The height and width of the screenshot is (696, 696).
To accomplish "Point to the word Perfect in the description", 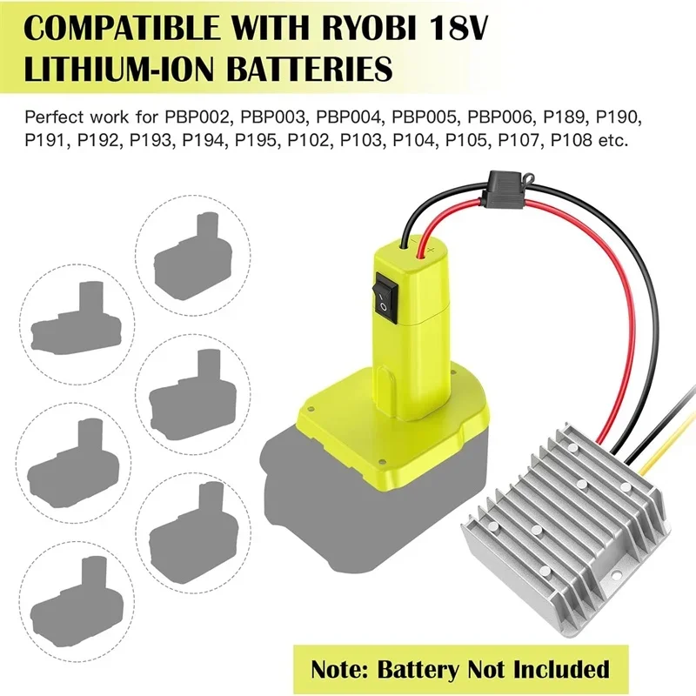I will [53, 116].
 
